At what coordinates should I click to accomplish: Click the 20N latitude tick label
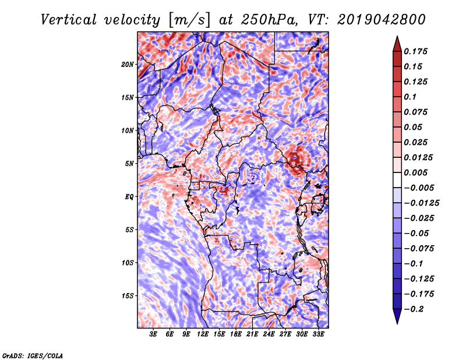coord(128,65)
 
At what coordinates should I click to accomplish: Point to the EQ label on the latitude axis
coord(129,197)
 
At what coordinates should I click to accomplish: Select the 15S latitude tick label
coord(128,296)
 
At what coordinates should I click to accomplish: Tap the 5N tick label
coord(129,164)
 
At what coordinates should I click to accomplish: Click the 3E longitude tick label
coord(153,334)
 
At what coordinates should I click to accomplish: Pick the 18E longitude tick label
coord(235,334)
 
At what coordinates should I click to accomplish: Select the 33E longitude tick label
coord(318,334)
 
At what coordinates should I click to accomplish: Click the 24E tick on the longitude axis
coord(269,334)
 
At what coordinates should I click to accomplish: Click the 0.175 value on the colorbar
coord(415,51)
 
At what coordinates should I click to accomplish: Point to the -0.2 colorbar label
coord(414,309)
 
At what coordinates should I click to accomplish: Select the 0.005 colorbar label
coord(415,172)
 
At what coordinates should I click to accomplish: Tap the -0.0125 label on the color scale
coord(421,203)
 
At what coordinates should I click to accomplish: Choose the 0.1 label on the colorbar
coord(410,97)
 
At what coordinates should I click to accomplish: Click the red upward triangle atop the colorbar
coord(397,44)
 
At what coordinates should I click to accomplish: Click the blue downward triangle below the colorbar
coord(397,316)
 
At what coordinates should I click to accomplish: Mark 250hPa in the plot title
coord(269,20)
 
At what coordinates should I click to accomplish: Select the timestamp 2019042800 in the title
coord(382,20)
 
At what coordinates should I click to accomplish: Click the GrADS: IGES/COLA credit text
coord(33,355)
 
